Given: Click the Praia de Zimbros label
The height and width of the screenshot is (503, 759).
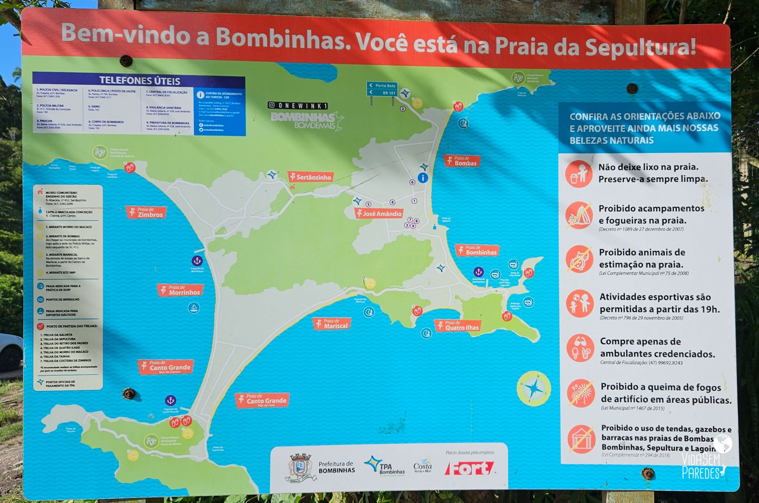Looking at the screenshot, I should [x=146, y=212].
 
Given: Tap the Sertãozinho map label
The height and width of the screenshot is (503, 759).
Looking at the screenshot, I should [x=310, y=177].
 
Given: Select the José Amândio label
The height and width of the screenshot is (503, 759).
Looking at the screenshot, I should [x=379, y=214].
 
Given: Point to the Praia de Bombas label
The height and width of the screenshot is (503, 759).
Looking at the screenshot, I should [x=462, y=161].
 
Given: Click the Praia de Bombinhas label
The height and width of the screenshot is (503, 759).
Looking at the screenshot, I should [x=477, y=250].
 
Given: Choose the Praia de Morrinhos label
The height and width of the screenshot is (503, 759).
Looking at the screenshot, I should [x=180, y=290].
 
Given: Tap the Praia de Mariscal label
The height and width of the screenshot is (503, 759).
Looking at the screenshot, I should [x=332, y=324].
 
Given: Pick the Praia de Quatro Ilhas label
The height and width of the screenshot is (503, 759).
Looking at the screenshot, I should [x=458, y=325].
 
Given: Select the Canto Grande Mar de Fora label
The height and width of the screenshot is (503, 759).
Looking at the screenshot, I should [x=262, y=400].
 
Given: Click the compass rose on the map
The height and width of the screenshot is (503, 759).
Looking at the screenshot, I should [x=534, y=389].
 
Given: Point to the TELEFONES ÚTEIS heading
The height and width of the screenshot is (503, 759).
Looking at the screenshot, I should [x=140, y=81].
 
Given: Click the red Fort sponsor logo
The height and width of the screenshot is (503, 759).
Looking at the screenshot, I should [x=469, y=469].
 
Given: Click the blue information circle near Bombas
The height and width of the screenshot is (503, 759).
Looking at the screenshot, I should [x=423, y=178].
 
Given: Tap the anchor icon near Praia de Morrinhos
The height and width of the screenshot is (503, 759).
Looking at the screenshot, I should [x=197, y=261].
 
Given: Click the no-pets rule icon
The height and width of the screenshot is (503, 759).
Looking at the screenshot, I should [x=579, y=259].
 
